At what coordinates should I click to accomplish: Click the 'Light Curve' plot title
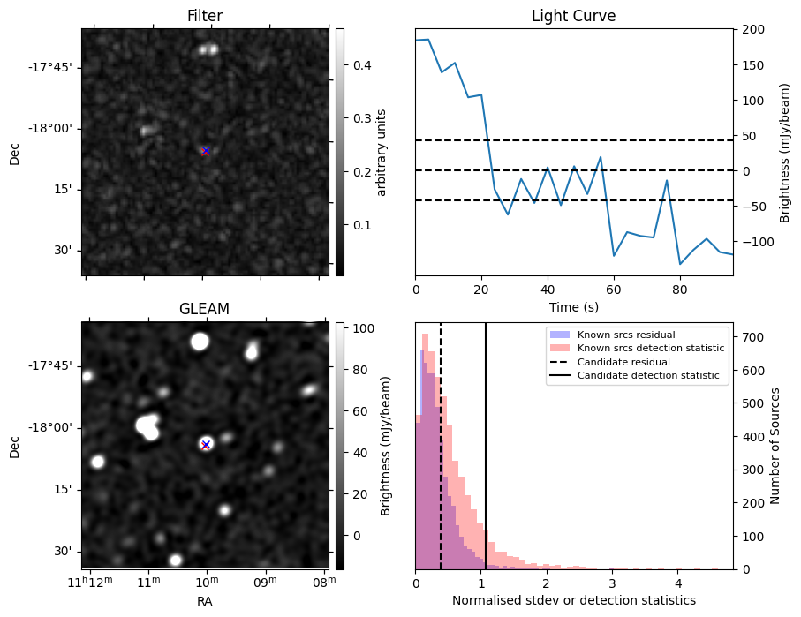click(x=573, y=16)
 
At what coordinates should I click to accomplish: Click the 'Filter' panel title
click(x=205, y=16)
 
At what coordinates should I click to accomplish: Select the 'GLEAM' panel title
click(x=205, y=309)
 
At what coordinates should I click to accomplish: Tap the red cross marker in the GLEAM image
click(x=206, y=445)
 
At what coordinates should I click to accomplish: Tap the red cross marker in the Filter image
click(x=206, y=151)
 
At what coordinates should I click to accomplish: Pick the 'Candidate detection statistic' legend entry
click(x=647, y=376)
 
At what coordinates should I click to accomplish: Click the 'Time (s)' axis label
click(x=573, y=305)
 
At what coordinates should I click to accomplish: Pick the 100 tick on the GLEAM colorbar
click(x=357, y=328)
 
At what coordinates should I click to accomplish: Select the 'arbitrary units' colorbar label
click(x=382, y=152)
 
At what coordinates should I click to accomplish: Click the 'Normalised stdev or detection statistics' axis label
click(x=573, y=600)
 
